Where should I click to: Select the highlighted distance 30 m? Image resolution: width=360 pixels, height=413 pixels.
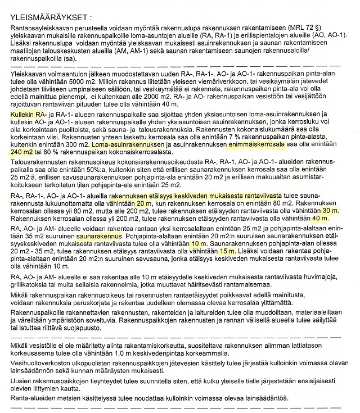click(x=331, y=210)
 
